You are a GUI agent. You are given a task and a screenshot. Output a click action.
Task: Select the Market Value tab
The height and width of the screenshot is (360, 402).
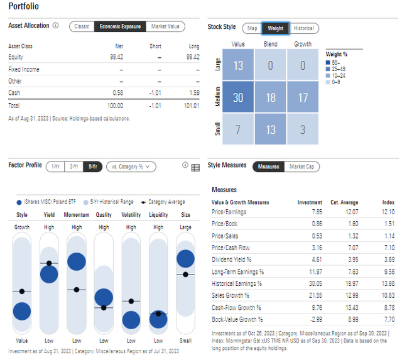(165, 26)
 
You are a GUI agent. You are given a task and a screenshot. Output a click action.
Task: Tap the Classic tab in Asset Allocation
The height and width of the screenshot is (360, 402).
(82, 26)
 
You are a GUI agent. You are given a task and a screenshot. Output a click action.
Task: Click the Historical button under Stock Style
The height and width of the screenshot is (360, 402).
(303, 28)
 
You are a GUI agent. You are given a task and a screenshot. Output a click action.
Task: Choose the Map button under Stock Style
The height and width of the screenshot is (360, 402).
(252, 28)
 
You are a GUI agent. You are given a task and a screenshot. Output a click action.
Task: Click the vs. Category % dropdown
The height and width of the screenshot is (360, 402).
(131, 166)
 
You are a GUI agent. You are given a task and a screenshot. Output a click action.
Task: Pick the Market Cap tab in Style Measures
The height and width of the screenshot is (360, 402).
(301, 166)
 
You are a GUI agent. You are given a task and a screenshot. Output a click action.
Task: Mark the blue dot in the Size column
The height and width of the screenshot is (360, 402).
(185, 258)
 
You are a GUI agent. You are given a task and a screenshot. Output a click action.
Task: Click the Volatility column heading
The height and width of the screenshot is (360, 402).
(131, 215)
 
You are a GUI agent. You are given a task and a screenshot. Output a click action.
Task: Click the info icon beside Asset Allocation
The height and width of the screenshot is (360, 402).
(56, 26)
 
